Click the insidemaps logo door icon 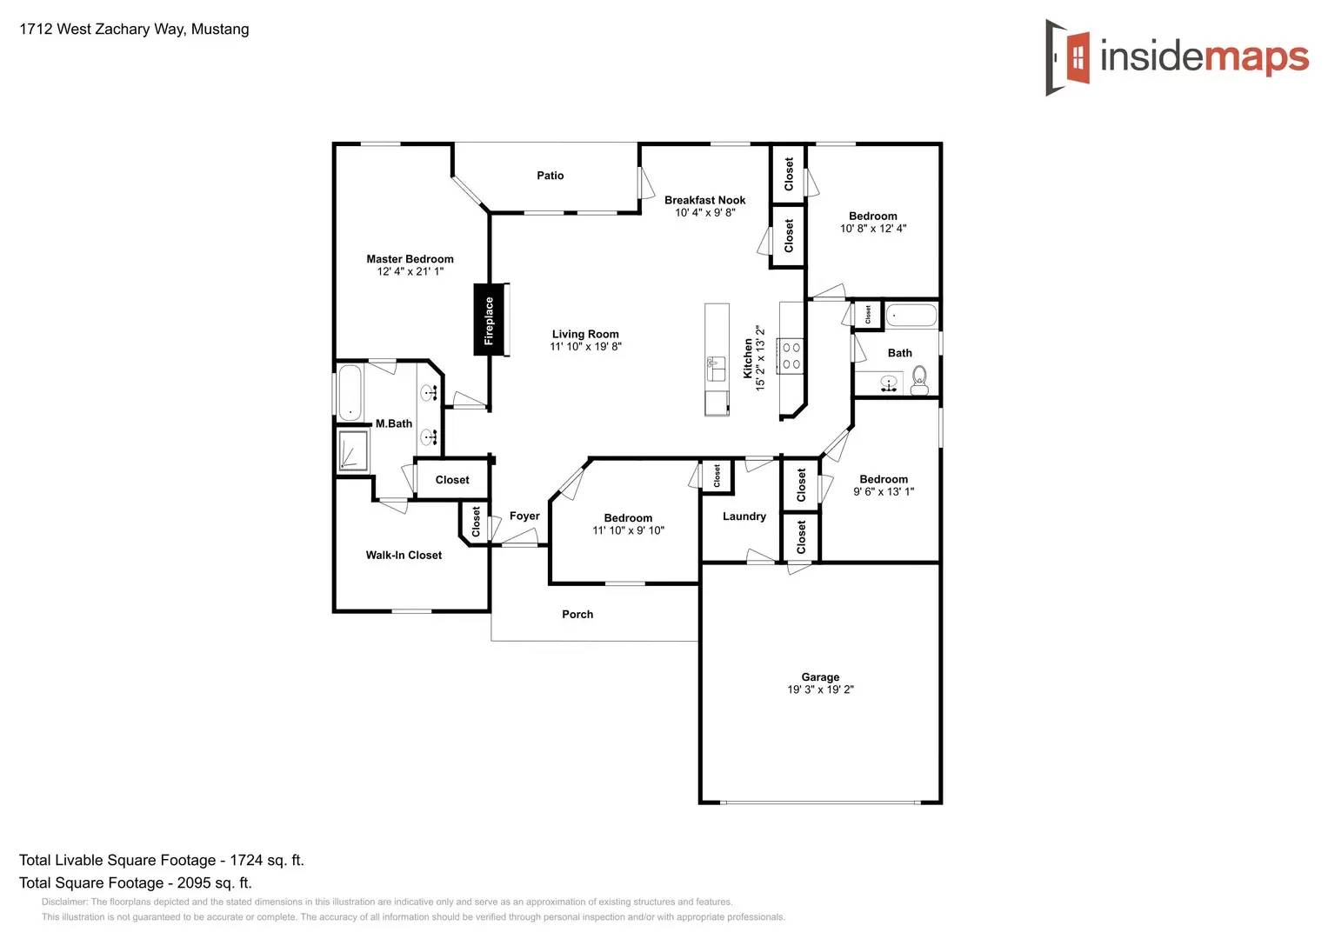pyautogui.click(x=1069, y=57)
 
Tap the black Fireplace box pyautogui.click(x=489, y=320)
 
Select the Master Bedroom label pyautogui.click(x=410, y=259)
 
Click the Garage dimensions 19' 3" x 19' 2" pyautogui.click(x=820, y=689)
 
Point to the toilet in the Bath pyautogui.click(x=919, y=380)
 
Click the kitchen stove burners pyautogui.click(x=791, y=356)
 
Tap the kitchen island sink pyautogui.click(x=716, y=368)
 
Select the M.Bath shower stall pyautogui.click(x=353, y=450)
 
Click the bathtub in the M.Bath pyautogui.click(x=350, y=392)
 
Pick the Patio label pyautogui.click(x=550, y=176)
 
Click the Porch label pyautogui.click(x=577, y=615)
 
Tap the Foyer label pyautogui.click(x=524, y=516)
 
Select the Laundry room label pyautogui.click(x=744, y=516)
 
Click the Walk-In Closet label pyautogui.click(x=404, y=556)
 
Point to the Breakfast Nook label pyautogui.click(x=704, y=200)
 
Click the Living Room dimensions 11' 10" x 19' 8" pyautogui.click(x=585, y=347)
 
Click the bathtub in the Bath pyautogui.click(x=911, y=315)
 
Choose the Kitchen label pyautogui.click(x=748, y=358)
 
